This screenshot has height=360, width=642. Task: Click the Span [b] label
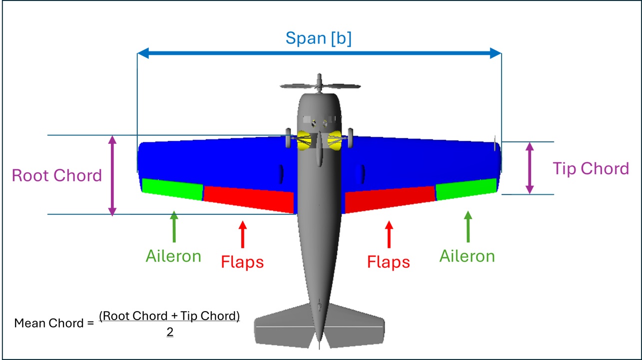(x=318, y=38)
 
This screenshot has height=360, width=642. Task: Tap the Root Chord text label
(x=56, y=175)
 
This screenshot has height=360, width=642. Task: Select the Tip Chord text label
(x=591, y=169)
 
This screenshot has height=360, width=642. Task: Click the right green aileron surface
(x=466, y=188)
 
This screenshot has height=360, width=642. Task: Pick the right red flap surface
(x=390, y=197)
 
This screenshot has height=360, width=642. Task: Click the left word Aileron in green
(x=173, y=256)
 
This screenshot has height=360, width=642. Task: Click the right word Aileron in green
(x=467, y=256)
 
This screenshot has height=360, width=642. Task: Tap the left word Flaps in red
(x=242, y=262)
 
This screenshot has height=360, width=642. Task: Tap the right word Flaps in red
(x=388, y=262)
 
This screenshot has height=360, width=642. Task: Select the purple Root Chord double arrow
(x=112, y=175)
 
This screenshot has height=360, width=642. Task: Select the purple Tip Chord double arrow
(x=530, y=168)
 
